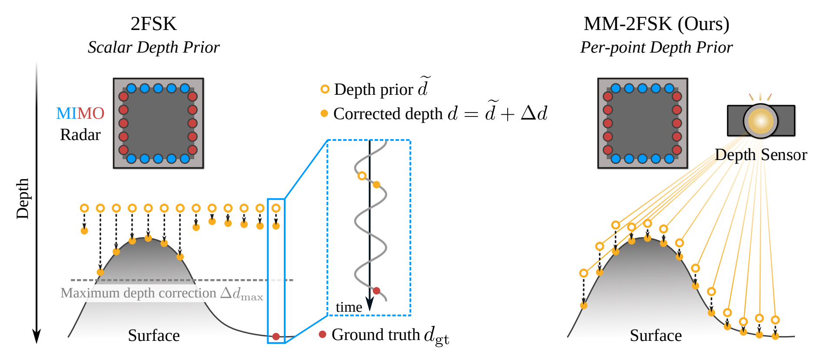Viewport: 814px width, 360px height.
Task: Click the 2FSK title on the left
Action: (153, 24)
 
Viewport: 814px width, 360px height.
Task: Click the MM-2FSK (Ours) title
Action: (656, 24)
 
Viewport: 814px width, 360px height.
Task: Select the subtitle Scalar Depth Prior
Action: (153, 47)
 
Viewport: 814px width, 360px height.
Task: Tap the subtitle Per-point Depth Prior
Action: (656, 47)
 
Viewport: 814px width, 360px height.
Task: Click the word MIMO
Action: (80, 113)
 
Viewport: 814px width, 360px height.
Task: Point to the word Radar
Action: (80, 135)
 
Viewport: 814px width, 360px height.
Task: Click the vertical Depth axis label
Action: (23, 198)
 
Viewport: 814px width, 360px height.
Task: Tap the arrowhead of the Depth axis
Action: (37, 337)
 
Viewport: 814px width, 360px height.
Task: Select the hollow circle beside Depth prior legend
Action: (325, 89)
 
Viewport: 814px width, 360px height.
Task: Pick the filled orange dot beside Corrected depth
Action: (324, 113)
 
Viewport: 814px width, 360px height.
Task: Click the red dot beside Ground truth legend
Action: (322, 334)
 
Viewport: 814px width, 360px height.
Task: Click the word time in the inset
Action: (349, 307)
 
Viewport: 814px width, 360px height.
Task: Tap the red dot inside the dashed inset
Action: (376, 290)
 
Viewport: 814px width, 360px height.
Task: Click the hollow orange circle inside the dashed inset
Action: (362, 176)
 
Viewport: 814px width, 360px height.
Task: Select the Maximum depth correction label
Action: (162, 293)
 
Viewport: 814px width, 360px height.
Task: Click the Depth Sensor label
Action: (761, 155)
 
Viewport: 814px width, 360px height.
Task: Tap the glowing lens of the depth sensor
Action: (761, 121)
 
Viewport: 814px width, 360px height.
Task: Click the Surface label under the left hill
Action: (153, 336)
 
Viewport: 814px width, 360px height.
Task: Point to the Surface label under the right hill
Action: (656, 336)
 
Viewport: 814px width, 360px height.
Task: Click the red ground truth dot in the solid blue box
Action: (276, 337)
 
